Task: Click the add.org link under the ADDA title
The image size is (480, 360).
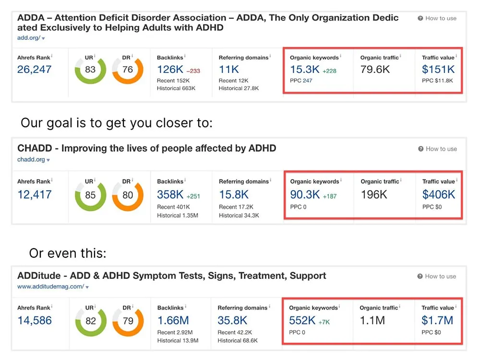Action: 29,38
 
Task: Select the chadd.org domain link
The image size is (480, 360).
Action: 31,160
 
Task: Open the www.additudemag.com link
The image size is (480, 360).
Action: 50,287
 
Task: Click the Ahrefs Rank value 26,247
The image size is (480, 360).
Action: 34,70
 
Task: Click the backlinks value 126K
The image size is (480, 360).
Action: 170,70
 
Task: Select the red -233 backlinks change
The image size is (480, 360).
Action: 193,71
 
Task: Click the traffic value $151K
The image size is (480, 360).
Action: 438,70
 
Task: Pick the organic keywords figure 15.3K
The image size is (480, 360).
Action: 305,70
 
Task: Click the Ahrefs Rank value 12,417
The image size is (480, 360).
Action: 34,195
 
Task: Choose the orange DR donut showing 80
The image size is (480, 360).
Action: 128,195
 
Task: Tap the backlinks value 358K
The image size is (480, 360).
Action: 170,195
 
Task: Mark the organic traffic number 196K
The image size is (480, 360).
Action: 374,195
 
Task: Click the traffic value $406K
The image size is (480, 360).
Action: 439,195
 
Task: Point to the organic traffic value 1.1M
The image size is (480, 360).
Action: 372,321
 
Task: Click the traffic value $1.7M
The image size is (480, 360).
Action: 438,321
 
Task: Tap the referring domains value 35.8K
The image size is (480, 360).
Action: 233,321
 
